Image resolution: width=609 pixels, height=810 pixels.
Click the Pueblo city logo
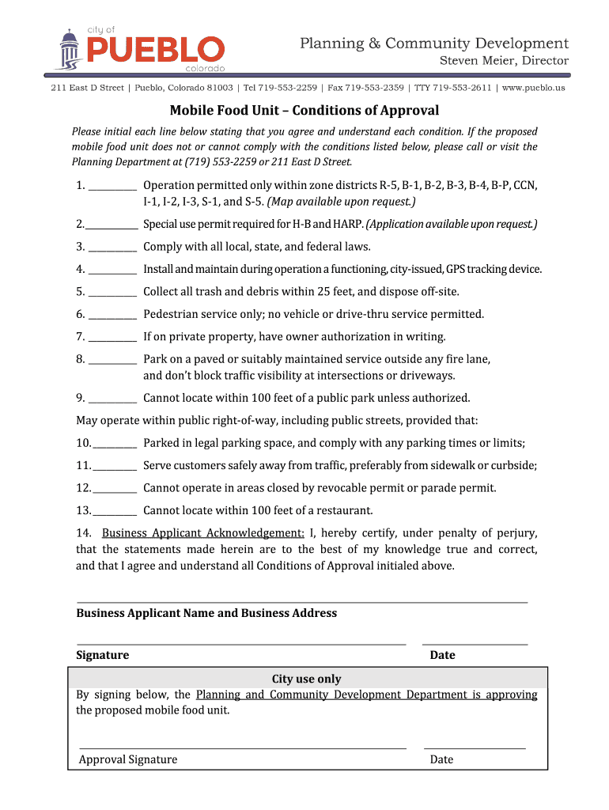[x=138, y=48]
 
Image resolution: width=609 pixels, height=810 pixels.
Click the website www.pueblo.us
[x=533, y=88]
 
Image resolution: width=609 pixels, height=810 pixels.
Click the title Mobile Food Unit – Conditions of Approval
[x=304, y=111]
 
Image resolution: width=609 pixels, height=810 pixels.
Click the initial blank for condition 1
[x=112, y=191]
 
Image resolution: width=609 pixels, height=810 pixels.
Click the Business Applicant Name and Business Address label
[x=206, y=613]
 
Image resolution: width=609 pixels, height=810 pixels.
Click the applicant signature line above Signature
[x=240, y=644]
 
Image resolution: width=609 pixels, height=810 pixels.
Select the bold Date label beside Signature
[x=442, y=655]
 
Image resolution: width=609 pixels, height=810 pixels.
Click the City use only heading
[x=307, y=679]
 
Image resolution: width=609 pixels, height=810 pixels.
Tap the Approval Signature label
[x=128, y=759]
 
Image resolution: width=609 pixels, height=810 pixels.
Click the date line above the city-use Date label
[x=475, y=748]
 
